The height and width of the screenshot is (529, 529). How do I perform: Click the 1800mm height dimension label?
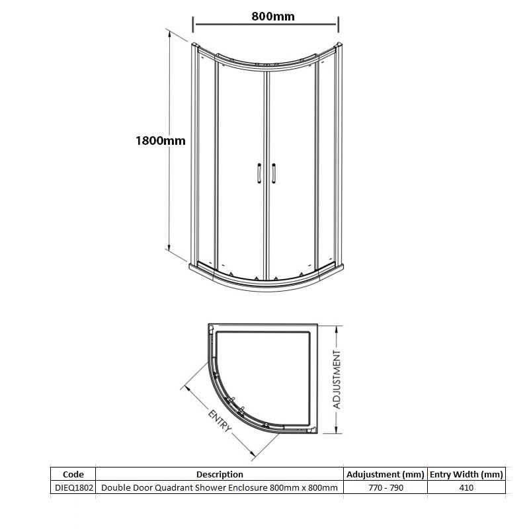159,140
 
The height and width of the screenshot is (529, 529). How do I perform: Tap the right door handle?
272,173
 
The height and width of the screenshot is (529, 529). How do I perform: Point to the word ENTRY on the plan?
220,421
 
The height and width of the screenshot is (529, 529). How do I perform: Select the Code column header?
73,474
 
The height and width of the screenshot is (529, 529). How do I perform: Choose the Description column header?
220,474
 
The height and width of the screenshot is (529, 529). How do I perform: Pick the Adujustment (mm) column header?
386,474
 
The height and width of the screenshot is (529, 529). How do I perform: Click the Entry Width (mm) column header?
467,474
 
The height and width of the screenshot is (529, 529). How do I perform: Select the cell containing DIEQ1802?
73,488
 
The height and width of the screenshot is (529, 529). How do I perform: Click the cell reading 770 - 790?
386,488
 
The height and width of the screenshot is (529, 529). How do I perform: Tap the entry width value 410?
467,488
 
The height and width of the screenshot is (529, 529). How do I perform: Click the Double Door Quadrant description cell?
220,488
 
